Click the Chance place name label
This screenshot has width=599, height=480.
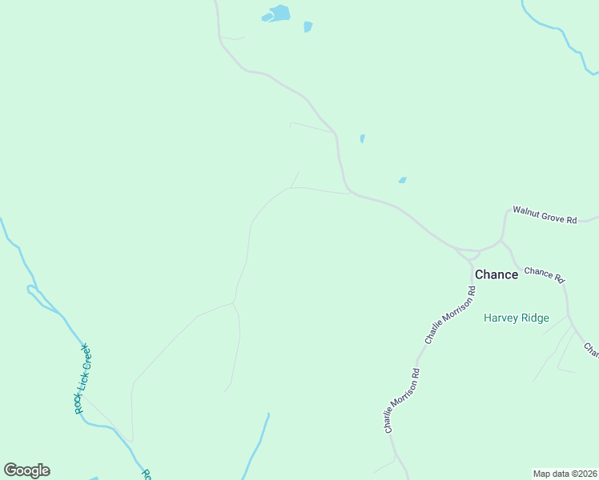496,274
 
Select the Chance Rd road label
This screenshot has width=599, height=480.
545,274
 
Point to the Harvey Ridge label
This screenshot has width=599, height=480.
517,318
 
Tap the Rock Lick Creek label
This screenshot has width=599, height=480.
83,378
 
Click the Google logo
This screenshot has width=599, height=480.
26,470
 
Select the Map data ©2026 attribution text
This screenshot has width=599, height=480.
565,473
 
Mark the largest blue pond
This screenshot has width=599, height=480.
279,14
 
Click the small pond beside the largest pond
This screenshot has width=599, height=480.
308,27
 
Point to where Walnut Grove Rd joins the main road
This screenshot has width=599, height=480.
501,239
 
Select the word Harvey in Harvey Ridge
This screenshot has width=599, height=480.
500,318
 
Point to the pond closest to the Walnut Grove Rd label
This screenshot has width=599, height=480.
402,180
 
